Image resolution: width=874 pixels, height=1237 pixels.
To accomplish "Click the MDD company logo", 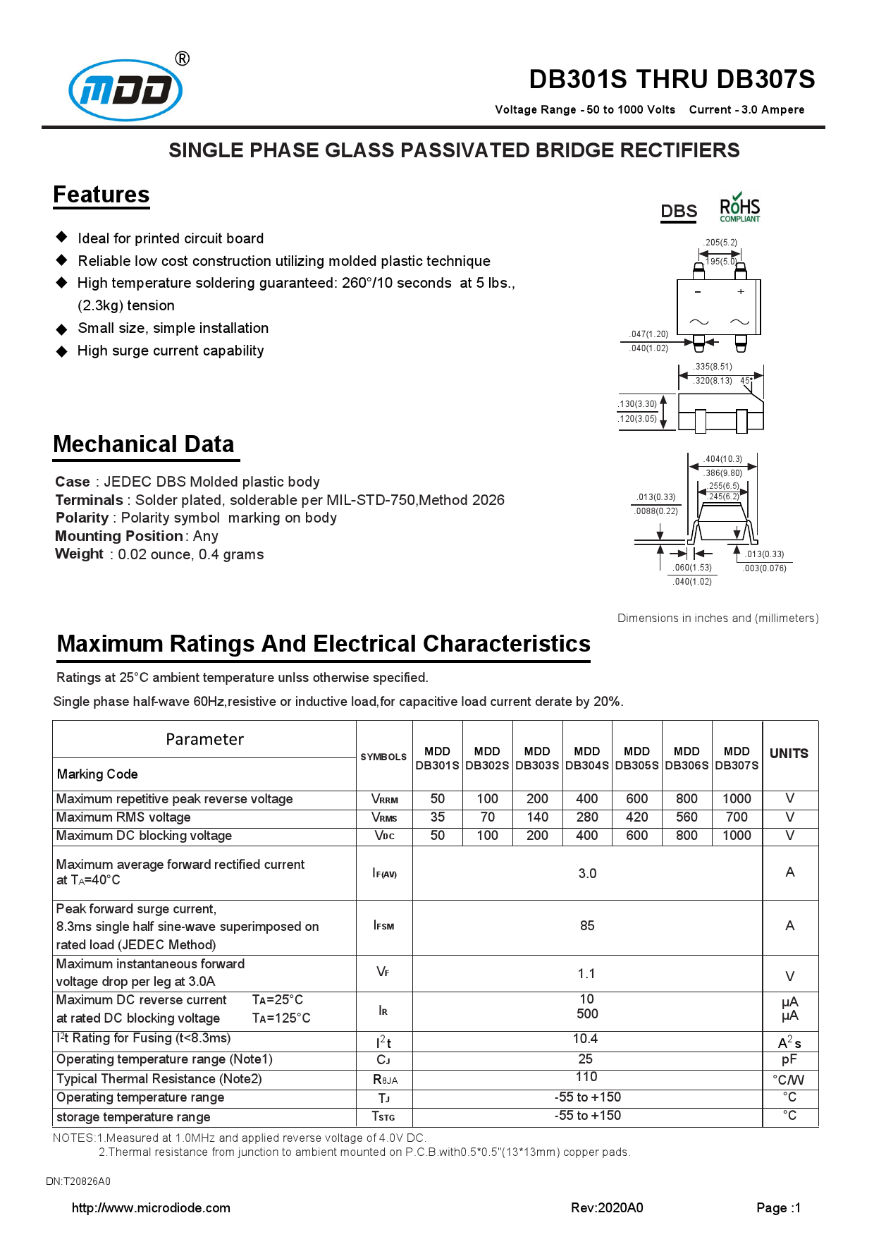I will click(x=125, y=90).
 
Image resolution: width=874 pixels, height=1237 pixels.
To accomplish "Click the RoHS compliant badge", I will click(x=739, y=209).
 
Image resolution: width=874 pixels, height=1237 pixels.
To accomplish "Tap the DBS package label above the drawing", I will click(x=679, y=212).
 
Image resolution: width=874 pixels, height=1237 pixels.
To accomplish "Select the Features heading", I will click(x=101, y=195).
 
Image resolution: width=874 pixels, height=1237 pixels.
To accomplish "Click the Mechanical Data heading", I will click(x=144, y=444).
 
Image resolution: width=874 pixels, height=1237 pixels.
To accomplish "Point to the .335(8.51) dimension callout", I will click(x=713, y=367).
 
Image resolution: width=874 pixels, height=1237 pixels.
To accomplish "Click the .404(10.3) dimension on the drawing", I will click(x=723, y=459).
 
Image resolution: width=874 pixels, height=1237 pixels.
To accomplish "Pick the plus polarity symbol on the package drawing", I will click(x=741, y=291).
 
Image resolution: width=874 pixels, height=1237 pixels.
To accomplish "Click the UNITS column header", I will click(x=789, y=754).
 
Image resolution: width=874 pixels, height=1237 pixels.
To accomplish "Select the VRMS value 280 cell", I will click(x=587, y=817).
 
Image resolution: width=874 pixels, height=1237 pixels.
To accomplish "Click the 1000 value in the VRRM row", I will click(x=737, y=799).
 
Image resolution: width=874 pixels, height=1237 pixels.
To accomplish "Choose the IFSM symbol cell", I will click(x=384, y=926).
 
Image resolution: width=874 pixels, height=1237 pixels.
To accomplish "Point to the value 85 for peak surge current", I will click(x=587, y=926).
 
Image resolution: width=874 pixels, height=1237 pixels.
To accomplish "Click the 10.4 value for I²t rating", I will click(x=586, y=1039).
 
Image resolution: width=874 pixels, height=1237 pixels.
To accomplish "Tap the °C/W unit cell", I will click(x=789, y=1080).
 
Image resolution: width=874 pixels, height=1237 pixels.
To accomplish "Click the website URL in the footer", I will click(x=151, y=1208).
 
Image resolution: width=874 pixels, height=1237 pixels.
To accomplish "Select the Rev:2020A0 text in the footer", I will click(x=607, y=1208).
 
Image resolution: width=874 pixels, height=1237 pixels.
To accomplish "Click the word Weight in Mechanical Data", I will click(x=79, y=554).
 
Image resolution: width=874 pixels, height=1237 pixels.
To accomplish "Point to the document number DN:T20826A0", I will click(x=78, y=1181).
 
